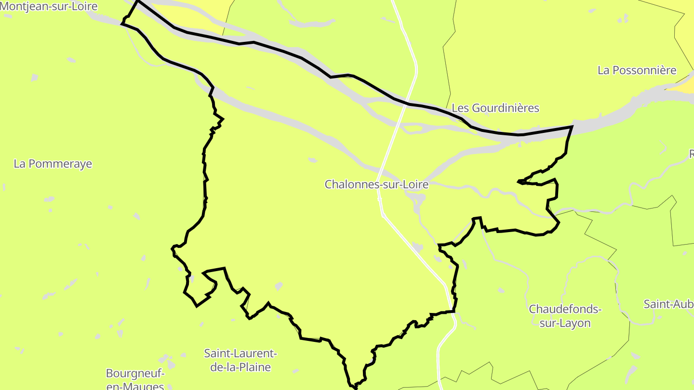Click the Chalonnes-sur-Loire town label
376,184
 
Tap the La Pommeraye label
53,164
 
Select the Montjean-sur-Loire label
49,6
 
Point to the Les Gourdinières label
495,108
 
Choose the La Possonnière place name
637,70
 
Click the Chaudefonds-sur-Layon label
565,316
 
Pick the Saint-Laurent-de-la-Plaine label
240,360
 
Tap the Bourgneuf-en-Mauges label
135,379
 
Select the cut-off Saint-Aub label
668,304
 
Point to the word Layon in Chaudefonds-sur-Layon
575,323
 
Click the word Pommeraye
60,164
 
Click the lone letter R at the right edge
691,154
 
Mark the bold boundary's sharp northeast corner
572,126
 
